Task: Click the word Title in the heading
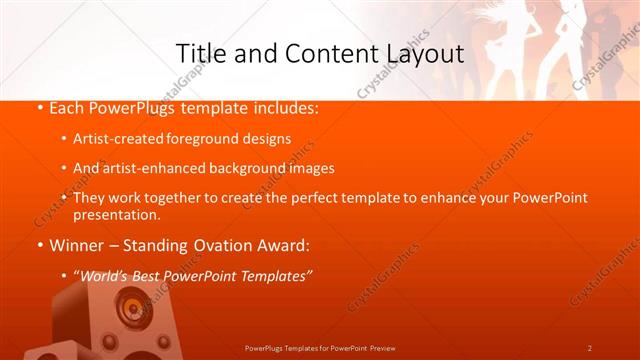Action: (x=197, y=53)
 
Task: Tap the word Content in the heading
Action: (x=321, y=53)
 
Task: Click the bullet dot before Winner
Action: (x=40, y=245)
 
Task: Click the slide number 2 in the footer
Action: (x=589, y=348)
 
